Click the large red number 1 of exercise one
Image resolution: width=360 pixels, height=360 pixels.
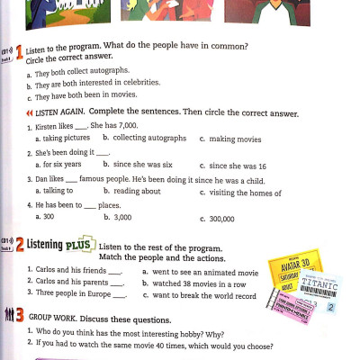(x=18, y=52)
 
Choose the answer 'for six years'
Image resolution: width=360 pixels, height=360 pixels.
(x=58, y=166)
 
